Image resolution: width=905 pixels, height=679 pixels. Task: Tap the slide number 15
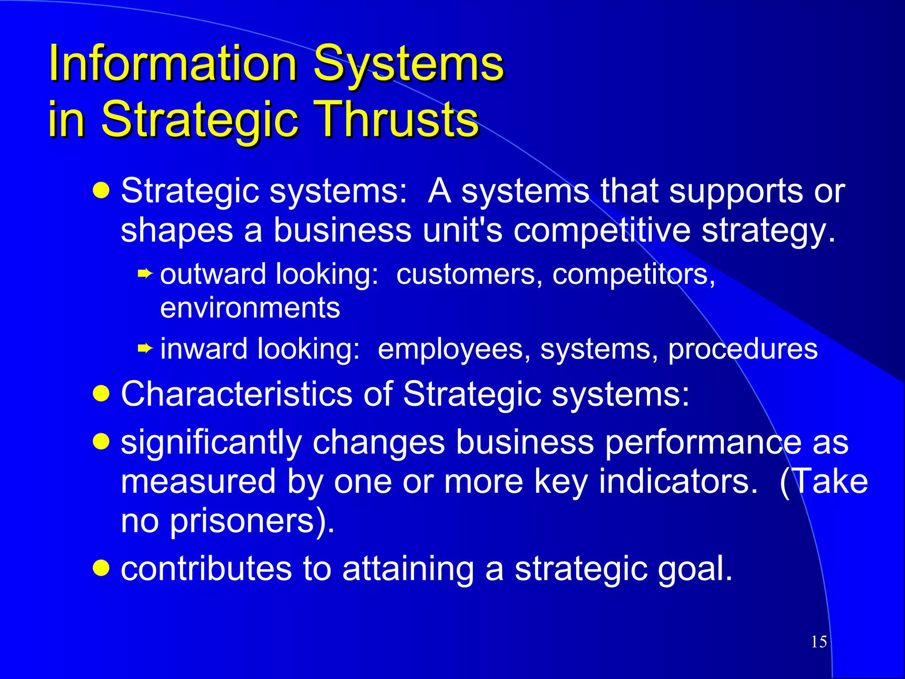click(x=819, y=642)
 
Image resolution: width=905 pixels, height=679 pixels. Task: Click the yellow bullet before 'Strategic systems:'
click(x=101, y=191)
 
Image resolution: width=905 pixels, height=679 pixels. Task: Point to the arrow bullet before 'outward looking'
click(x=145, y=274)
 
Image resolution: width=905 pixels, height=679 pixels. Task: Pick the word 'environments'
click(x=250, y=308)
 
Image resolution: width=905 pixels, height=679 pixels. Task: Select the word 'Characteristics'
click(x=236, y=394)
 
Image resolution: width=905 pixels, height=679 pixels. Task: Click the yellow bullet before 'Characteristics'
click(x=101, y=393)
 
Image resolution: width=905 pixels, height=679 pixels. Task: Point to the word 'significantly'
click(x=211, y=442)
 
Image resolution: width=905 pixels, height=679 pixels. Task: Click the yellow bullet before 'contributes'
click(x=101, y=568)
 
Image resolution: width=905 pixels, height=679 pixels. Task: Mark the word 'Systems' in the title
click(x=408, y=64)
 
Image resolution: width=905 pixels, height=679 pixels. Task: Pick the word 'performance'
click(x=703, y=442)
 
